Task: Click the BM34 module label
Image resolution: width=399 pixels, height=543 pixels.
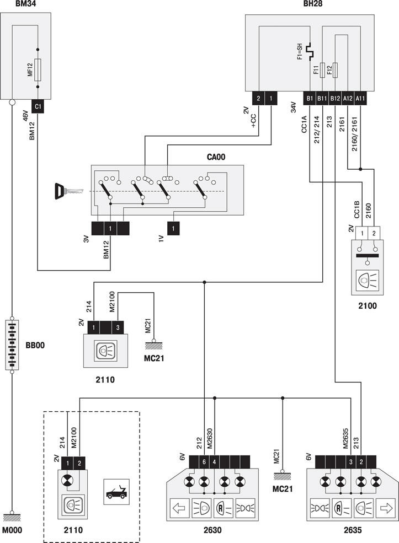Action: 25,4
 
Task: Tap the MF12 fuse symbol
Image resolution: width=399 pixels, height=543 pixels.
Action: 38,69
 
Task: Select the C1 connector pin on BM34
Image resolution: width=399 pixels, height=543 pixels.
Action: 38,106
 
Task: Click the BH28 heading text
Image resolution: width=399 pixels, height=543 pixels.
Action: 313,4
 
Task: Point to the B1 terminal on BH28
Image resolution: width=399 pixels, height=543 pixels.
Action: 310,98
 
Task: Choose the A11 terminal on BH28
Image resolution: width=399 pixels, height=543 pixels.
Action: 360,98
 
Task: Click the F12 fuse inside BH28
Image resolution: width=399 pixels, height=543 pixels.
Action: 335,70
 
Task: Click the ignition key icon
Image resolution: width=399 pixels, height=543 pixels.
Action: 68,191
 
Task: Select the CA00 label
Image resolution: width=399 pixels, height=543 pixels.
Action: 216,157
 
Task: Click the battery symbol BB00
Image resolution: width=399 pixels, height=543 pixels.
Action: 12,345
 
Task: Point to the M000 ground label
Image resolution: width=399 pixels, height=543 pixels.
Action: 12,530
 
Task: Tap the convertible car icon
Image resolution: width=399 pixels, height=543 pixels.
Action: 116,492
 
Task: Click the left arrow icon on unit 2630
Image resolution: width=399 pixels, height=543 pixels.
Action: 179,508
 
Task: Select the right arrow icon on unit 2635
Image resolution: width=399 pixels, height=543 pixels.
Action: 386,508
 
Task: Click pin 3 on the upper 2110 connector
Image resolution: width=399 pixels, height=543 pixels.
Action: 118,327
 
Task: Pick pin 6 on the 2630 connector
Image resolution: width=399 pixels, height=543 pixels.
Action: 204,461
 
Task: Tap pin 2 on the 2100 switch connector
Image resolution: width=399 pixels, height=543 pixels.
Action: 374,233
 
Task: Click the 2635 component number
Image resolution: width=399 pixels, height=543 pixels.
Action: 353,530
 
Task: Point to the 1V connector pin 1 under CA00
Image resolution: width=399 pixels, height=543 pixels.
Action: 173,229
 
